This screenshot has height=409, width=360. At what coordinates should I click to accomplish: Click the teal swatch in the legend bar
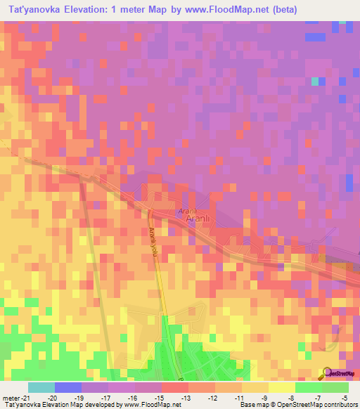[x=41, y=387]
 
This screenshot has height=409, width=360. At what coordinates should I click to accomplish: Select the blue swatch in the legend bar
[x=68, y=387]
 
